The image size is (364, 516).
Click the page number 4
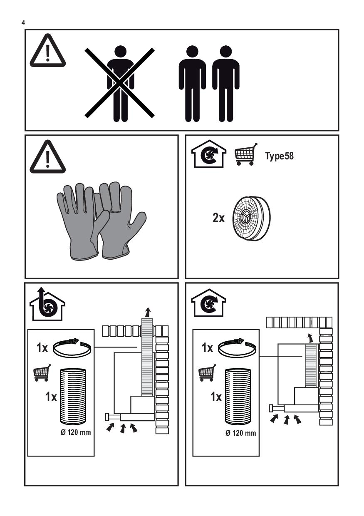[23, 22]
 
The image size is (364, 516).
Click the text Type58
[279, 156]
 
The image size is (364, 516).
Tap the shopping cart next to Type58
[246, 154]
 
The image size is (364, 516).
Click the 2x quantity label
[218, 218]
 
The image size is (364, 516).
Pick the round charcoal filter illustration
[251, 218]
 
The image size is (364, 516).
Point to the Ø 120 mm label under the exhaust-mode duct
[76, 432]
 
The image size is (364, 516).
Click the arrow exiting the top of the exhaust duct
[148, 313]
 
